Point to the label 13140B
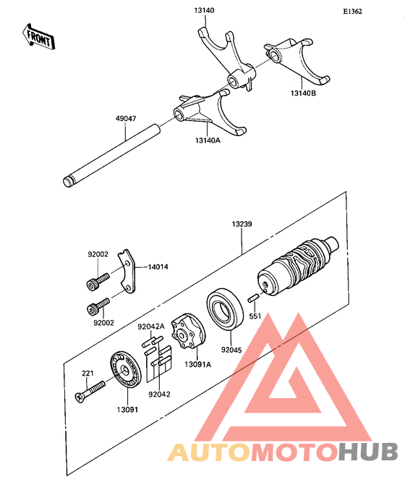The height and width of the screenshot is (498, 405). (x=304, y=93)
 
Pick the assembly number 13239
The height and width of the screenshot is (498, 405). (x=242, y=225)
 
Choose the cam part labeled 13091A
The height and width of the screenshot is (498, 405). (x=189, y=332)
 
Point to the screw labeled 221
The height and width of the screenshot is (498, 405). (x=90, y=394)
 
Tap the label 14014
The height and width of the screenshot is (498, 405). (x=159, y=267)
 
